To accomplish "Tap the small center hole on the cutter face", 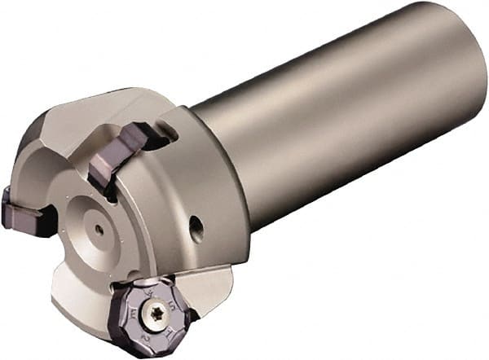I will coord(99,230).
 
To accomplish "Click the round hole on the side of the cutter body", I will coord(196,230).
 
